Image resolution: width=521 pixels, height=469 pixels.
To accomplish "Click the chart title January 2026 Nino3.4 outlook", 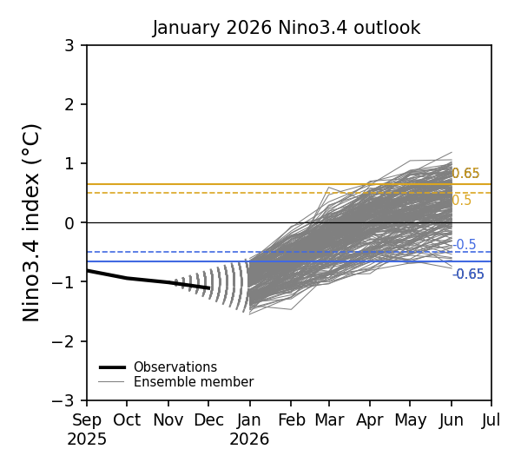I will [x=287, y=28].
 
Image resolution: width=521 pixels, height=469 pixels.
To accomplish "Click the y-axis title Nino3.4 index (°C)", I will [x=32, y=222].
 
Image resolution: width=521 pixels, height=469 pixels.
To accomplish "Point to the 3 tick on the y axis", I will [x=69, y=45].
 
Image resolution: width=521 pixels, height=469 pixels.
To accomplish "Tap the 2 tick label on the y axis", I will [x=69, y=104].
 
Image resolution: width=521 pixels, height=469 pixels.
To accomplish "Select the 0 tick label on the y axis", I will [x=69, y=223].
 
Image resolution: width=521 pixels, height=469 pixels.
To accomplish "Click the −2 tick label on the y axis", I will [x=66, y=341].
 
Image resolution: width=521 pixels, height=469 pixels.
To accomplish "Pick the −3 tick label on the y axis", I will [x=66, y=400].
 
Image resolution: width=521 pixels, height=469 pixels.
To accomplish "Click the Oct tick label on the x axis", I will [x=127, y=419].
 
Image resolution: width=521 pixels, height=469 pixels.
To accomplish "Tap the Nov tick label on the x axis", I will [x=168, y=419].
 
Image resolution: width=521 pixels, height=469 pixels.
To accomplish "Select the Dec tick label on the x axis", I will [x=208, y=419].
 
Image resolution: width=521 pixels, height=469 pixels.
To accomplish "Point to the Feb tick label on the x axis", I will [x=290, y=419].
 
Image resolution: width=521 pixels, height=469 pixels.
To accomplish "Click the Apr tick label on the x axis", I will [x=370, y=419].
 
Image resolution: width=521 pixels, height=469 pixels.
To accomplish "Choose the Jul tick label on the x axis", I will [x=491, y=419].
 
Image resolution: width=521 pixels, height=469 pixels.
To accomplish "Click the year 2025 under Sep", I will [x=87, y=439].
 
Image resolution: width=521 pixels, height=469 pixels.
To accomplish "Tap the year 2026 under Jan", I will [x=249, y=439].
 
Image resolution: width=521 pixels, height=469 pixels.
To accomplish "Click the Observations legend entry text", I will [x=175, y=367].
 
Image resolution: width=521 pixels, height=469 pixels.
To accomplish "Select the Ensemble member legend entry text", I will [x=193, y=382].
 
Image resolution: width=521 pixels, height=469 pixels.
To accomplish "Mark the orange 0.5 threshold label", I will [x=462, y=201].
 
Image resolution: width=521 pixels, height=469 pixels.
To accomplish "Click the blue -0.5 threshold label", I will [x=465, y=245].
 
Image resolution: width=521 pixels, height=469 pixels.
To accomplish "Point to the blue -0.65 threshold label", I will [x=468, y=274].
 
